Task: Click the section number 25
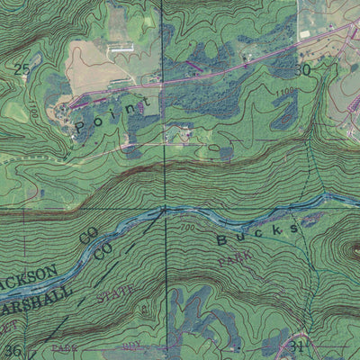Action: tap(22, 68)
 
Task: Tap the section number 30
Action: tap(303, 69)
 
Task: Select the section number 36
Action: tap(13, 350)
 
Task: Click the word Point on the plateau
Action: tap(109, 117)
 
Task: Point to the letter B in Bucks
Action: tap(224, 240)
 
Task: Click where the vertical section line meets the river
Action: tap(165, 211)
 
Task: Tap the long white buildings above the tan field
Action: tap(120, 46)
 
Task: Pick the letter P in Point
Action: tap(83, 129)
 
